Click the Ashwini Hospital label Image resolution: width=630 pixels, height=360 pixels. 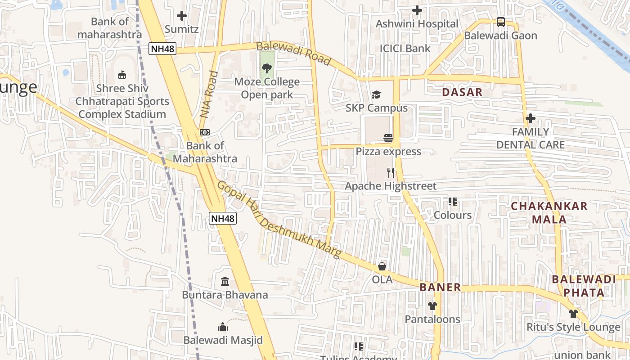pos(417,24)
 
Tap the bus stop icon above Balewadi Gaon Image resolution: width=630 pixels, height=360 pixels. pos(500,22)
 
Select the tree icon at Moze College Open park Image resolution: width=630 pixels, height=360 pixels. pos(267,68)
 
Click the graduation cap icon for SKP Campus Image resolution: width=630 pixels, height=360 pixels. pos(376,94)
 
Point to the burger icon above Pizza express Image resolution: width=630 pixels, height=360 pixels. pos(388,138)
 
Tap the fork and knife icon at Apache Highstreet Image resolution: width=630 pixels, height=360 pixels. pos(391,172)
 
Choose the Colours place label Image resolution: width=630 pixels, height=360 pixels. pos(452,215)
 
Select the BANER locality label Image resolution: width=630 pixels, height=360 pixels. pos(440,287)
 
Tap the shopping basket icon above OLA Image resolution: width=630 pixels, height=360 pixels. pos(382,266)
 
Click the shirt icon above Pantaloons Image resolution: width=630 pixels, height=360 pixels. pos(432,306)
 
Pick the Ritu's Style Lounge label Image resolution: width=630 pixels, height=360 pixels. pos(573,327)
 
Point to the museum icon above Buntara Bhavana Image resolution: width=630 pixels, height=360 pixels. pos(225,282)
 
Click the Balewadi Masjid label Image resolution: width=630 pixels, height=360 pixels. pos(223,340)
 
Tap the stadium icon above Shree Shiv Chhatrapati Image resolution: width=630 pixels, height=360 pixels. pos(121,75)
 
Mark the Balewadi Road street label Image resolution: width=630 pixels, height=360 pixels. pos(293,54)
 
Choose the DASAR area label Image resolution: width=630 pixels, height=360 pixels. pos(462,92)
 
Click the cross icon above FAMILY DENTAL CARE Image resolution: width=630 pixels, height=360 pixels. pos(531,118)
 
